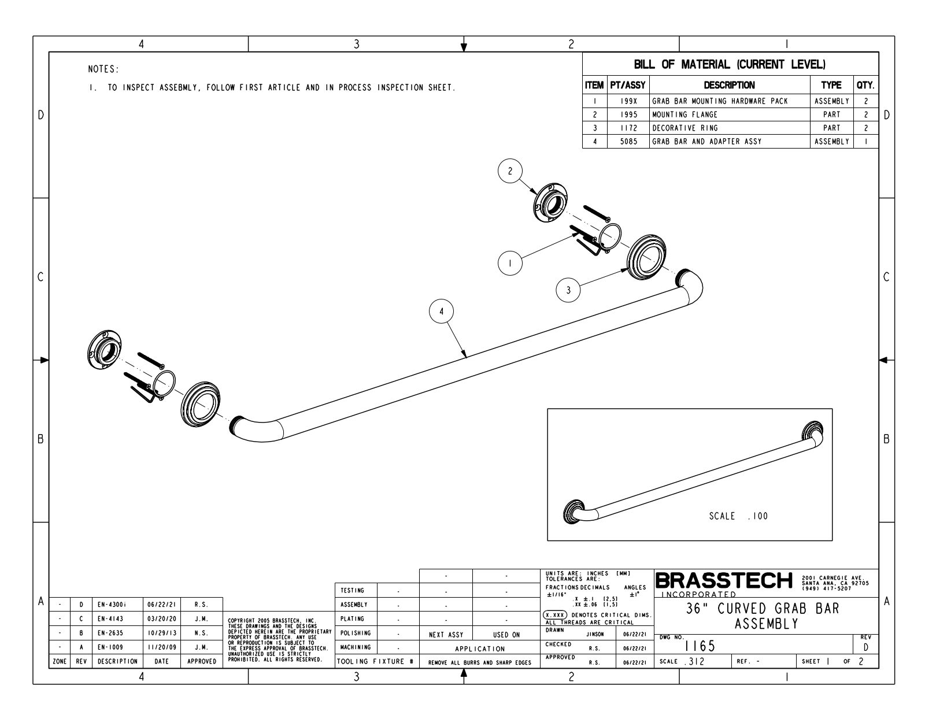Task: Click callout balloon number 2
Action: pyautogui.click(x=510, y=171)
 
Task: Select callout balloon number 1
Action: pyautogui.click(x=510, y=264)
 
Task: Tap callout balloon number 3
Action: pyautogui.click(x=568, y=290)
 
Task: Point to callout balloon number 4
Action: pyautogui.click(x=442, y=312)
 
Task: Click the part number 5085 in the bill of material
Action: pyautogui.click(x=629, y=142)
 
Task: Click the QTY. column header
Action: pyautogui.click(x=866, y=85)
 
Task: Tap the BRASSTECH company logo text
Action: pyautogui.click(x=724, y=580)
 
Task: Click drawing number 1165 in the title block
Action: pyautogui.click(x=700, y=646)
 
